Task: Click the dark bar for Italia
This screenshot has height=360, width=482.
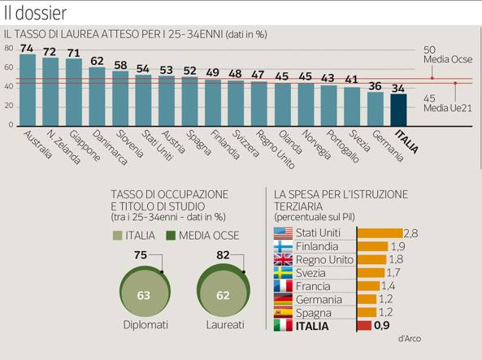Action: click(x=398, y=110)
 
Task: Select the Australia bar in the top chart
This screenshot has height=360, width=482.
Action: click(x=28, y=90)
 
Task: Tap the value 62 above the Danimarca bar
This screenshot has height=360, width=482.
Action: click(x=97, y=61)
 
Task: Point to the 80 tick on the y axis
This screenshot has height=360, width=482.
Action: click(x=9, y=48)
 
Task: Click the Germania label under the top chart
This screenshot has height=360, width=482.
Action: click(x=388, y=145)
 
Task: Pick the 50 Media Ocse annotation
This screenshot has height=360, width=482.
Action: click(x=448, y=54)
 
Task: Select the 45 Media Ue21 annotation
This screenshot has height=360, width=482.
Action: click(x=447, y=103)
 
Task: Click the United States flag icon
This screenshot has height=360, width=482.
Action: click(x=283, y=233)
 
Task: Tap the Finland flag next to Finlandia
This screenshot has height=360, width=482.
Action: click(x=283, y=246)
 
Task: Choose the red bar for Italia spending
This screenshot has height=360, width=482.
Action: click(x=364, y=326)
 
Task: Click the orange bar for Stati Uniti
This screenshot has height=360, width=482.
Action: click(x=380, y=233)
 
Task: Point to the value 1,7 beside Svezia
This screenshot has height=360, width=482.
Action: click(x=393, y=272)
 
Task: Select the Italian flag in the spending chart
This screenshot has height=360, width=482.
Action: click(x=283, y=325)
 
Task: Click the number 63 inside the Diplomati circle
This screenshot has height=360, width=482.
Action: click(x=143, y=295)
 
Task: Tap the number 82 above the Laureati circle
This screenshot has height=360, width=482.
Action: click(x=223, y=255)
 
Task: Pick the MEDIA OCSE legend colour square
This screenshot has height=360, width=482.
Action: click(x=171, y=236)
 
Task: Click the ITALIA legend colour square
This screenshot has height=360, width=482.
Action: click(x=117, y=236)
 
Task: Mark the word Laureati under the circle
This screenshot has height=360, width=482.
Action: click(x=225, y=324)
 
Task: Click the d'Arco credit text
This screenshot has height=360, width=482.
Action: click(x=410, y=339)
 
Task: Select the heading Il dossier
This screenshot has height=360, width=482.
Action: click(x=35, y=13)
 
